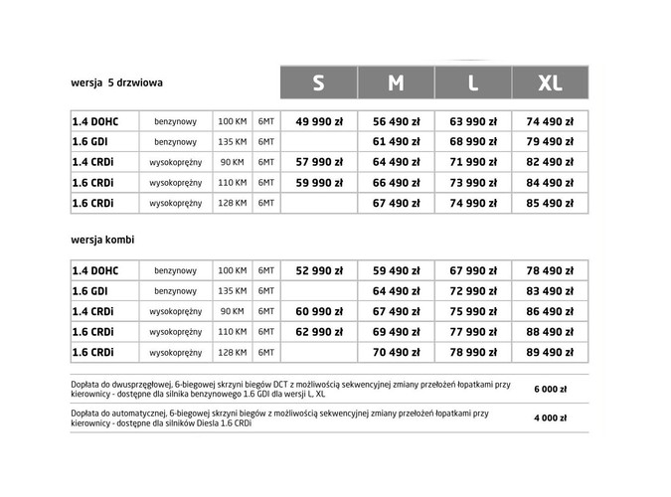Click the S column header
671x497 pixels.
tap(318, 83)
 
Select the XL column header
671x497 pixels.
tap(549, 83)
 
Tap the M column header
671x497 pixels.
tap(396, 83)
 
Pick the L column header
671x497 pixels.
tap(472, 83)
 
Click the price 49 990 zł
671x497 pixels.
tap(318, 121)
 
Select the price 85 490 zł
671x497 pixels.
tap(549, 204)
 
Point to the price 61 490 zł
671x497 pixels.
tap(396, 142)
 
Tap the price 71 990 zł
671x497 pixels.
tap(472, 162)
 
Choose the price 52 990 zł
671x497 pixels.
tap(318, 270)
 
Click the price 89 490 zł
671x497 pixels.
tap(549, 352)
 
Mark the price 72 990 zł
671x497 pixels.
tap(472, 290)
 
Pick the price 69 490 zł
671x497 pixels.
tap(396, 331)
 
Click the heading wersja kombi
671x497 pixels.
tap(103, 241)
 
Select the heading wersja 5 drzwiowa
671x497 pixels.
tap(117, 83)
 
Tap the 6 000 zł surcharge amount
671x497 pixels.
tap(549, 389)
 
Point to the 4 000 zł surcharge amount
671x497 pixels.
tap(549, 417)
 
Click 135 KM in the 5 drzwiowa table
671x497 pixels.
tap(232, 142)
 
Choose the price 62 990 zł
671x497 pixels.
tap(318, 331)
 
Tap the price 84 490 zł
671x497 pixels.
tap(549, 183)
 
